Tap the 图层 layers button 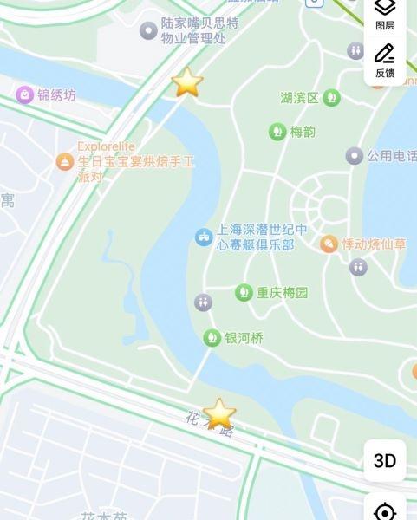[385, 14]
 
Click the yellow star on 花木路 [219, 414]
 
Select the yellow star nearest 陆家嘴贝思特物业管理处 [186, 82]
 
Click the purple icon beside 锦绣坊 [24, 94]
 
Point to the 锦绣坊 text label [56, 94]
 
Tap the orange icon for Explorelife [65, 161]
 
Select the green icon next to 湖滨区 [331, 98]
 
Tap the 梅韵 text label [303, 132]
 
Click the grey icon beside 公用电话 [354, 156]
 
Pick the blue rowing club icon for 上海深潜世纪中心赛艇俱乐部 [204, 236]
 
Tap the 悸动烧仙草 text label [375, 244]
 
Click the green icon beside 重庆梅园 [244, 293]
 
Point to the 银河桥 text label [244, 338]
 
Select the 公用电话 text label [392, 156]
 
